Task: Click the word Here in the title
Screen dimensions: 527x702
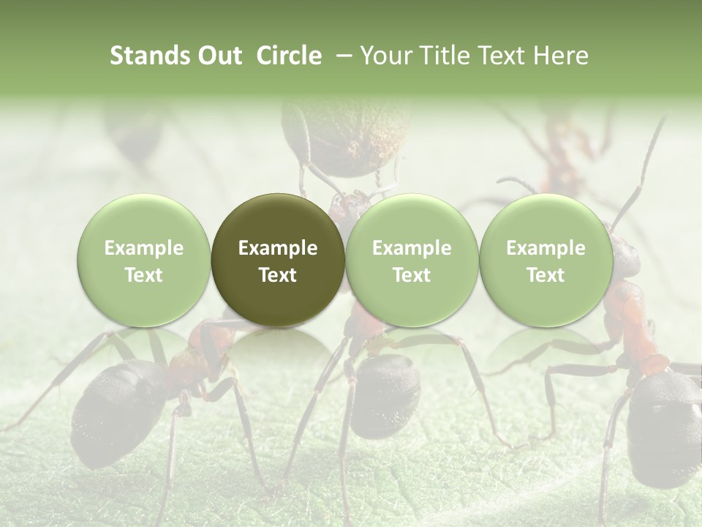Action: click(561, 56)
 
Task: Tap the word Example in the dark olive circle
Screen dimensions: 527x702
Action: click(278, 248)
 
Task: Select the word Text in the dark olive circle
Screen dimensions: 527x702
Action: click(278, 275)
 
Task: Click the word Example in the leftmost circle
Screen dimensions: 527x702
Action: click(144, 248)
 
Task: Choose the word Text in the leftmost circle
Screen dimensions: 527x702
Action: click(144, 275)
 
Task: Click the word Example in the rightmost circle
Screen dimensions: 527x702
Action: click(546, 248)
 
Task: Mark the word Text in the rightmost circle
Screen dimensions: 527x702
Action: click(546, 275)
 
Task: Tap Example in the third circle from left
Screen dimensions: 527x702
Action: click(412, 248)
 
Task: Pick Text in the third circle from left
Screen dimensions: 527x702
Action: click(412, 275)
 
